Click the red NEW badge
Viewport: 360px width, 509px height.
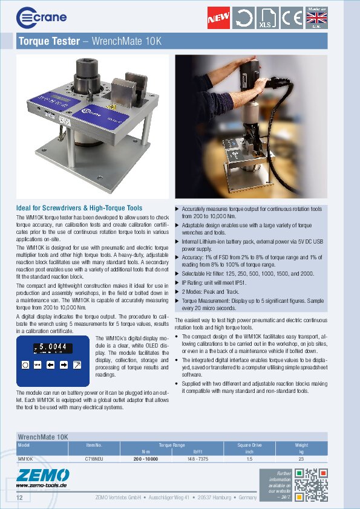click(218, 18)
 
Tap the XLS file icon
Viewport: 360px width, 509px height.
click(266, 18)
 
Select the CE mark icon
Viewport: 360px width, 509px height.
click(291, 18)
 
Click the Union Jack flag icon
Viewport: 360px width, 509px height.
click(316, 18)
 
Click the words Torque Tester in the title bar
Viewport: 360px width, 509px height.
click(49, 42)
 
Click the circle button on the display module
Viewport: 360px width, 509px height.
click(25, 365)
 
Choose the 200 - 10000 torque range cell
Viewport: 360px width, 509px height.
click(146, 459)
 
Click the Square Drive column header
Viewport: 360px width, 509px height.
click(249, 446)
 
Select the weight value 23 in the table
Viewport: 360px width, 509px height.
click(301, 459)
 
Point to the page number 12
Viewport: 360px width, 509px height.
click(20, 498)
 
